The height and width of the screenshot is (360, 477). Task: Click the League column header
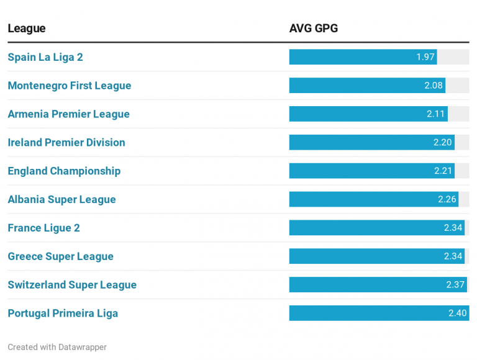coord(27,29)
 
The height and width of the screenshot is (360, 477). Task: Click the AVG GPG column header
coord(313,29)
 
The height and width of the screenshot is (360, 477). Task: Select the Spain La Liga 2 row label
coord(45,57)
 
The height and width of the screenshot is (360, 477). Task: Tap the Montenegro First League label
coord(70,86)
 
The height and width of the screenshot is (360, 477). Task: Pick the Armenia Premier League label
coord(68,114)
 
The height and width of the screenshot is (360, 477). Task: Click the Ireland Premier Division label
coord(66,143)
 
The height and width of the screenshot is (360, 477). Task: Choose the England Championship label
coord(64,171)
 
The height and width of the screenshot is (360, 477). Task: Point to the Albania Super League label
coord(61,200)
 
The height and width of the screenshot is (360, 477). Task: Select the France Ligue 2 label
coord(43,228)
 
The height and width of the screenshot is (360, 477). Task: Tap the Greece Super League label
coord(60,257)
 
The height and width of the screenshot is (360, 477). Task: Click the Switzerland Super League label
coord(72,286)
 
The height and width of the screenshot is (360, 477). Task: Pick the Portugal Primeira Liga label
coord(63,314)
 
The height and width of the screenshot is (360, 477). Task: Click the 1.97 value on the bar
coord(425,57)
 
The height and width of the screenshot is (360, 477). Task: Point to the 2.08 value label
coord(434,86)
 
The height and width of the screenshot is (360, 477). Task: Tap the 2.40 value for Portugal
coord(457,313)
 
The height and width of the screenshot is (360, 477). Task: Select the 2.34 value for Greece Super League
coord(453,256)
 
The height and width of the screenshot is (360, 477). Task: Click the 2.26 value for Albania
coord(447,199)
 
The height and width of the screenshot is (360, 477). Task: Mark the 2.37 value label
coord(455,285)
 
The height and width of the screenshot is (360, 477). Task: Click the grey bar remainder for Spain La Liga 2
coord(453,57)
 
